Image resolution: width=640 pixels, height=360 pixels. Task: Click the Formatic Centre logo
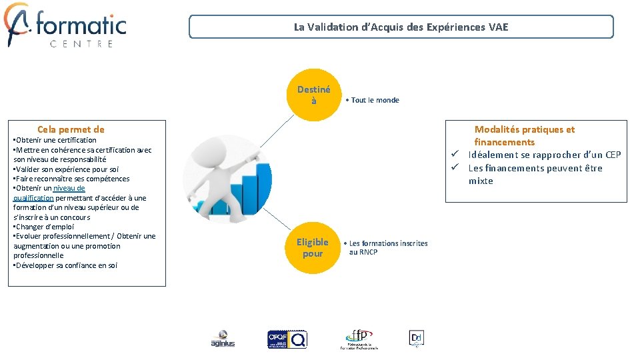click(x=65, y=25)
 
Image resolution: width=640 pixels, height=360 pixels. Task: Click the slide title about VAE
click(x=401, y=27)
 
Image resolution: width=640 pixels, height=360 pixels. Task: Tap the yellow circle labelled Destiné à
click(x=313, y=95)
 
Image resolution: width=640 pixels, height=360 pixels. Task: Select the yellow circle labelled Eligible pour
click(x=313, y=247)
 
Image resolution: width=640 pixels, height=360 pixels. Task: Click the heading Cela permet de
click(x=71, y=129)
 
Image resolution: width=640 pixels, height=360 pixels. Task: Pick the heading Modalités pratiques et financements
click(x=524, y=135)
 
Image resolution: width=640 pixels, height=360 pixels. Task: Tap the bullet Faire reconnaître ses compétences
click(x=73, y=179)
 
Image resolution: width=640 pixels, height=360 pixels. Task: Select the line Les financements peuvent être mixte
click(x=535, y=168)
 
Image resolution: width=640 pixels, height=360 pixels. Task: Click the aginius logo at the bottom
click(x=223, y=339)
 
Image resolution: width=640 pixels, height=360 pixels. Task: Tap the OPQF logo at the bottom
click(x=287, y=339)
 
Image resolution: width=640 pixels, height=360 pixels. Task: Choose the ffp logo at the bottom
click(x=359, y=339)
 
